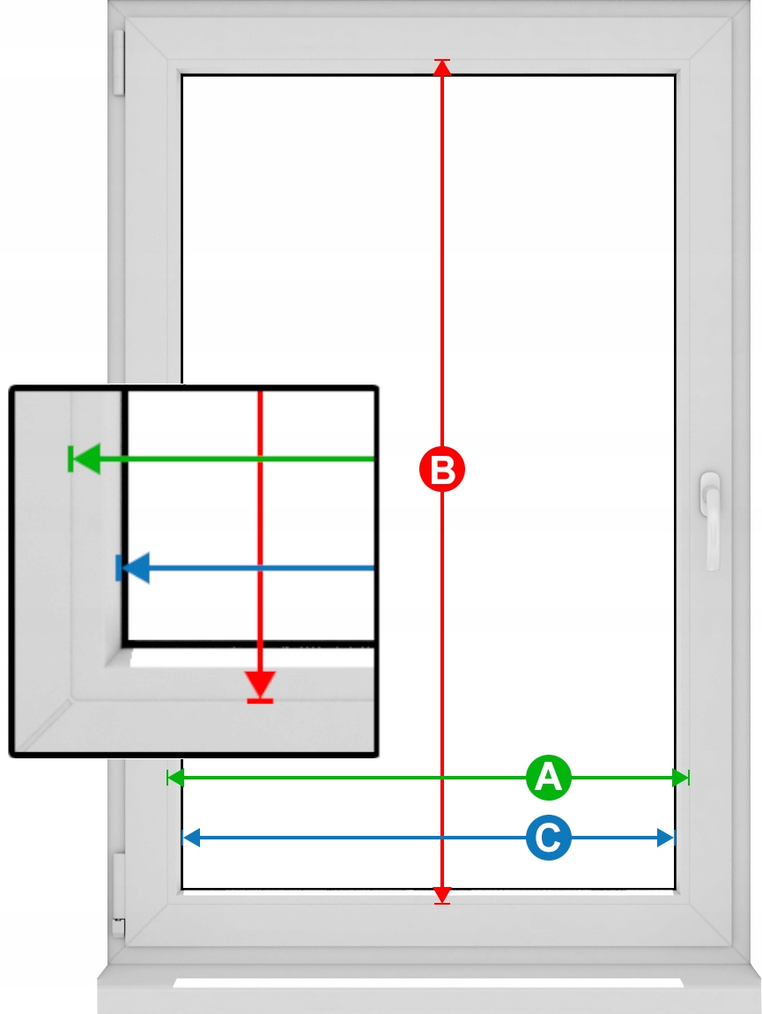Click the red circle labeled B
pyautogui.click(x=442, y=468)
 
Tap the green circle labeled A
pyautogui.click(x=549, y=778)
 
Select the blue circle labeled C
pyautogui.click(x=549, y=838)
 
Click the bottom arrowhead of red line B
pyautogui.click(x=442, y=894)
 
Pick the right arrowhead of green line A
pyautogui.click(x=680, y=778)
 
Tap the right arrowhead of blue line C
pyautogui.click(x=666, y=838)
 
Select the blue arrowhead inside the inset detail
pyautogui.click(x=136, y=568)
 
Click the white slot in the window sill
pyautogui.click(x=428, y=982)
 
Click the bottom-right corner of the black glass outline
pyautogui.click(x=676, y=889)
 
